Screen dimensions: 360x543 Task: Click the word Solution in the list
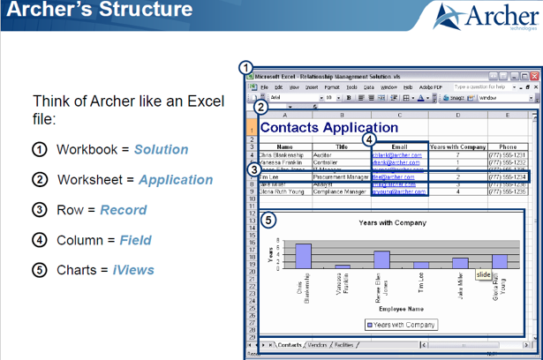(x=161, y=149)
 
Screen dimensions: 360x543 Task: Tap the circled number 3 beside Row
(x=40, y=210)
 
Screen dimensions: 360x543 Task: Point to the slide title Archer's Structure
(x=97, y=11)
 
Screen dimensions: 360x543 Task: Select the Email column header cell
(x=398, y=146)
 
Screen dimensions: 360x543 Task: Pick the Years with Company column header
(x=456, y=146)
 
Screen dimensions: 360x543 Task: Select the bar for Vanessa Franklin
(x=343, y=266)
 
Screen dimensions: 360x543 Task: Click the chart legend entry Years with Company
(x=402, y=325)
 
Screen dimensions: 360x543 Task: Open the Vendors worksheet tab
(x=317, y=345)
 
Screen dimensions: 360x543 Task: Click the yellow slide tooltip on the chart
(x=483, y=274)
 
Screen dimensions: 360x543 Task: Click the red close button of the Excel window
(x=529, y=78)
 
